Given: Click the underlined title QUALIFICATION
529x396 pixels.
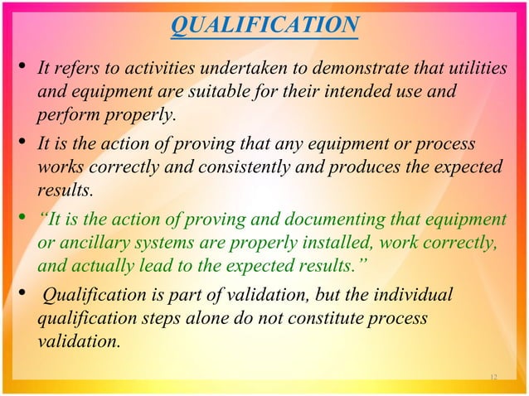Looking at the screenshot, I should (x=264, y=27).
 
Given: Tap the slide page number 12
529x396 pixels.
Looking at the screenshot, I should (x=493, y=378).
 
